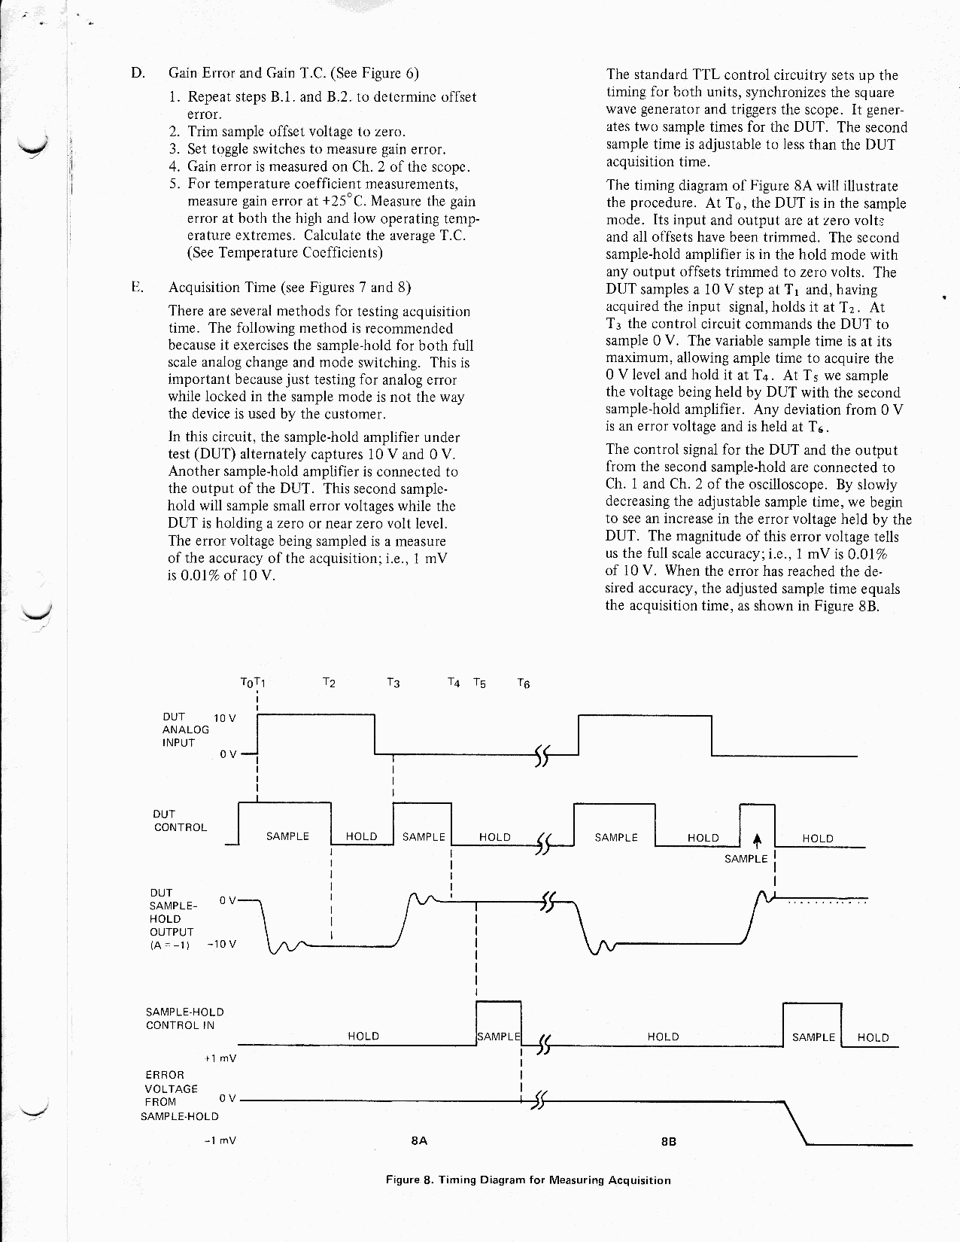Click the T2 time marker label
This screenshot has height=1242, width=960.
(328, 683)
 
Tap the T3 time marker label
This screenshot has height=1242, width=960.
(392, 683)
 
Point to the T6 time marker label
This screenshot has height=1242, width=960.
(524, 683)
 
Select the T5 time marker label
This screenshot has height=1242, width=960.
(479, 683)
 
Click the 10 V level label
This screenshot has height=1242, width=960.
(225, 718)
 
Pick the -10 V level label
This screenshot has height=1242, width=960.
(221, 944)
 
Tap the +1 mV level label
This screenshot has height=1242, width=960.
(220, 1058)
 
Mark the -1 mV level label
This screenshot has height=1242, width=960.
(220, 1140)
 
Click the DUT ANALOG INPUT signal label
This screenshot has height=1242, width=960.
(180, 729)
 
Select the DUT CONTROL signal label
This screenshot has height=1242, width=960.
(180, 820)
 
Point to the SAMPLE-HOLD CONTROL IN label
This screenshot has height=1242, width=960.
(184, 1018)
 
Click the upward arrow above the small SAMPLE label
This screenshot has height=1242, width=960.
(758, 841)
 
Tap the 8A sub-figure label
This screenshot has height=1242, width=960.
(419, 1140)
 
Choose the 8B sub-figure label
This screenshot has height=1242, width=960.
(668, 1141)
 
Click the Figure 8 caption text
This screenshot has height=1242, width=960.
(527, 1180)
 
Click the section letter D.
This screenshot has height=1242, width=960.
(137, 73)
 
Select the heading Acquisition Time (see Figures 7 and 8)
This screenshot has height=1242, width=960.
(290, 288)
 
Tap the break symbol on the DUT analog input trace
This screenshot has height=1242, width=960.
(541, 755)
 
